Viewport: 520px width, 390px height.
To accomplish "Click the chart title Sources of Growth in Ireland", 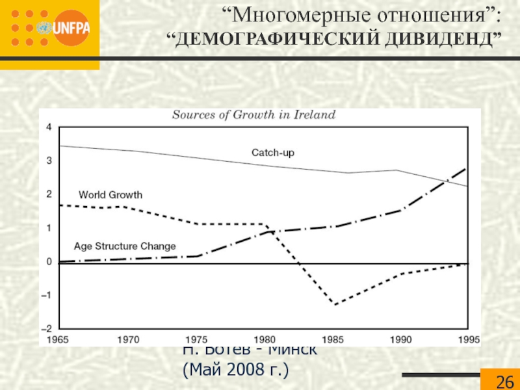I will pyautogui.click(x=253, y=115).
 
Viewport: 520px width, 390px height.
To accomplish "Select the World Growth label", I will pyautogui.click(x=110, y=194).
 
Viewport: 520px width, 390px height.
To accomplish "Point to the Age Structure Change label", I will pyautogui.click(x=125, y=246).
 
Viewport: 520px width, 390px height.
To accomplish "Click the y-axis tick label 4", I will pyautogui.click(x=49, y=127).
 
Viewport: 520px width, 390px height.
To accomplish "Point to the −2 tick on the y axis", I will pyautogui.click(x=47, y=328).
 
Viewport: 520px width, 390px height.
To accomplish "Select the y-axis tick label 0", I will pyautogui.click(x=49, y=261).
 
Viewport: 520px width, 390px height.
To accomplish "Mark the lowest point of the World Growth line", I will pyautogui.click(x=335, y=304).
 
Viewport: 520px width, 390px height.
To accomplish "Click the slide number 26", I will pyautogui.click(x=504, y=381).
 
